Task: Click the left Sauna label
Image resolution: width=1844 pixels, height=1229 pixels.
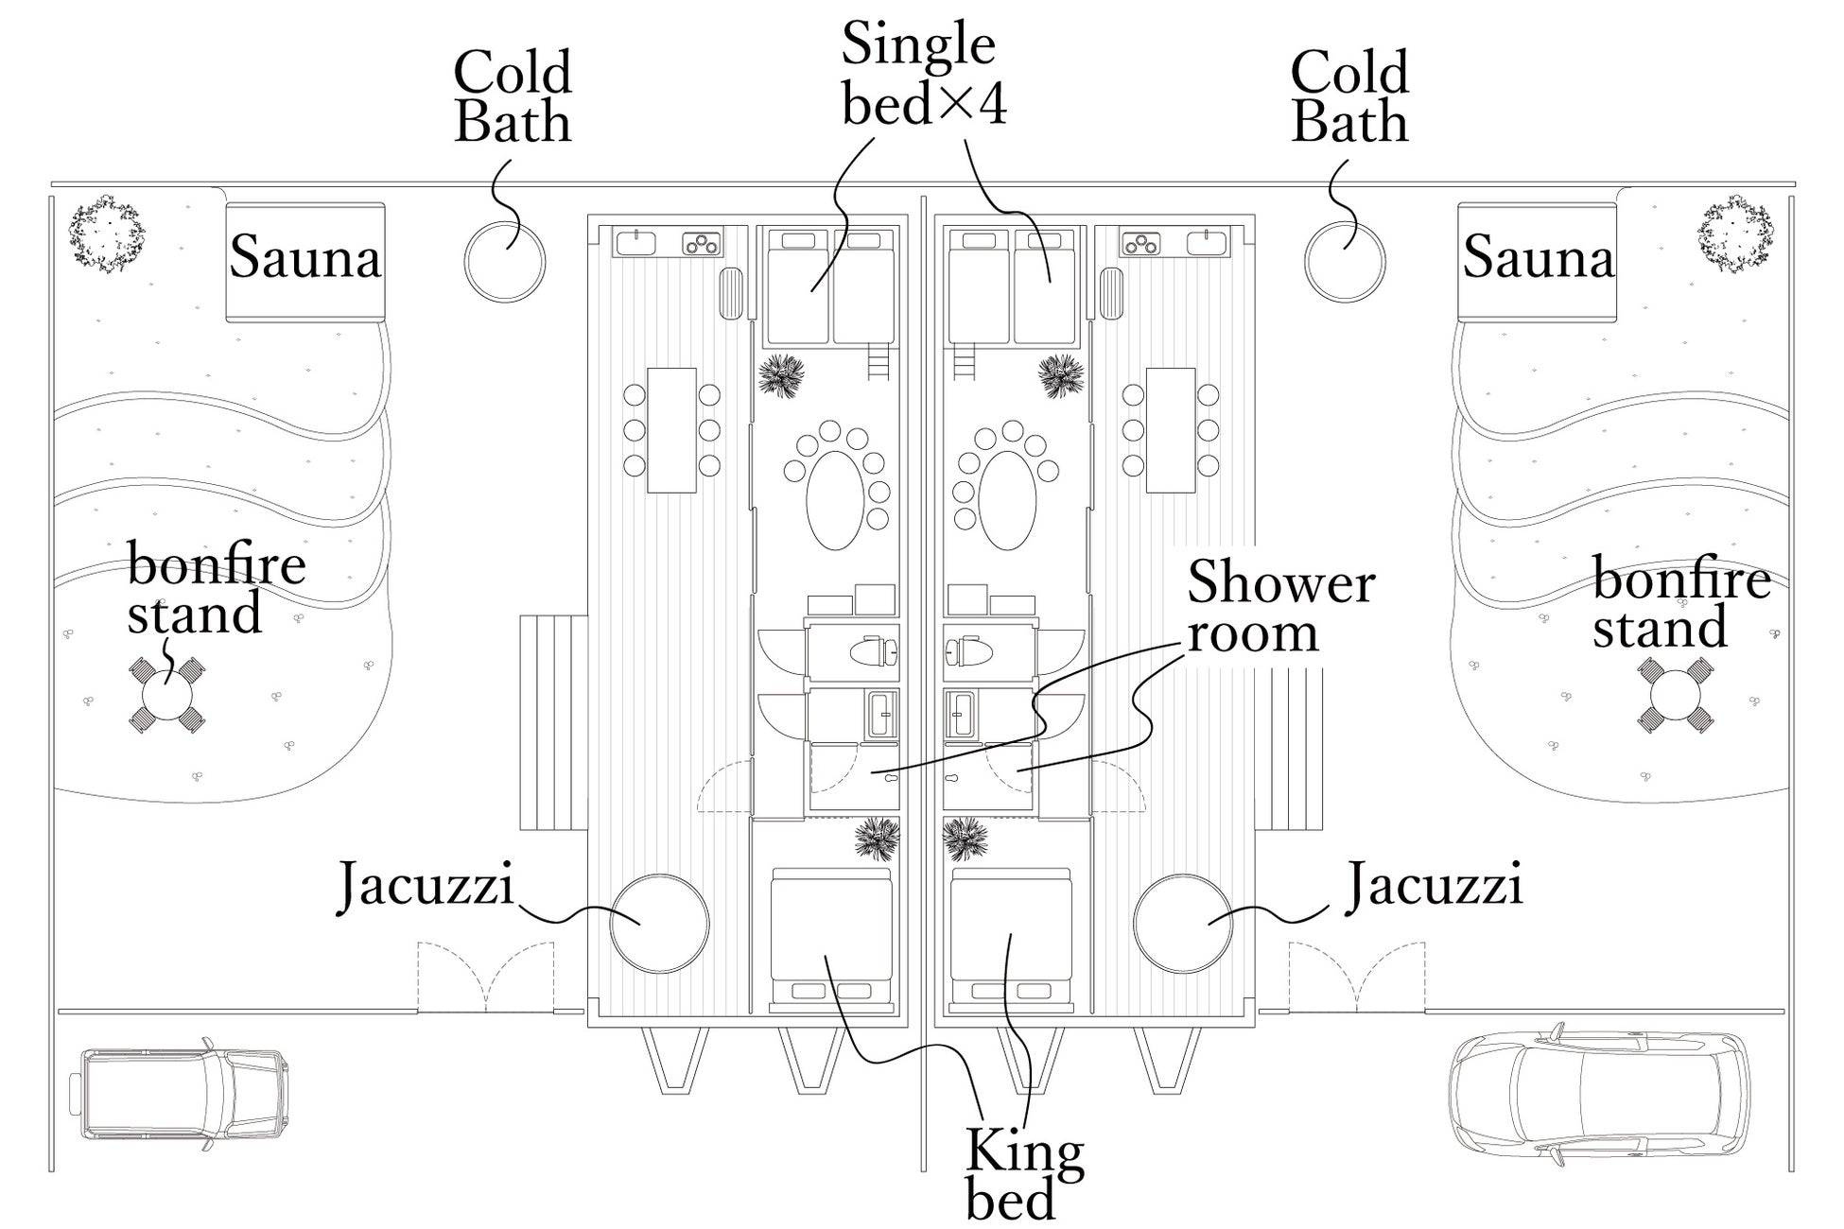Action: click(x=305, y=257)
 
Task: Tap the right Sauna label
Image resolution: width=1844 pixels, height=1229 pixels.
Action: click(x=1538, y=257)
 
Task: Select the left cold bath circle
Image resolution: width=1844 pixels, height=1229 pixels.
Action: click(x=505, y=262)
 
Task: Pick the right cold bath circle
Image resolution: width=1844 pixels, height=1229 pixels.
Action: click(x=1344, y=262)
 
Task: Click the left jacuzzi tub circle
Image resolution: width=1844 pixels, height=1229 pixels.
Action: click(x=659, y=924)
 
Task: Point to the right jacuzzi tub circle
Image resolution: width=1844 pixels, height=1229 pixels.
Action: click(x=1182, y=924)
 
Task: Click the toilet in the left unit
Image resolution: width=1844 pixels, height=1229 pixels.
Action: click(x=874, y=651)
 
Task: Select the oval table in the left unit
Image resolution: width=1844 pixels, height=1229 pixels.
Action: click(x=834, y=500)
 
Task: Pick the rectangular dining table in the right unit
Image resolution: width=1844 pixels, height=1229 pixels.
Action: click(x=1171, y=430)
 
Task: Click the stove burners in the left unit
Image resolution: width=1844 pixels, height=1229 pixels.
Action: click(x=703, y=244)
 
